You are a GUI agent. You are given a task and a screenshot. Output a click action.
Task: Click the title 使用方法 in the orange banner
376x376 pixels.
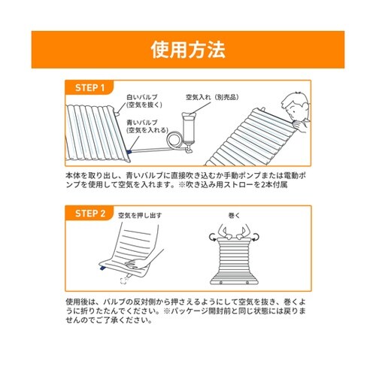[188, 50]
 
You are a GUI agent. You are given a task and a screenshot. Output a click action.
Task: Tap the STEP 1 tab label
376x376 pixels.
[89, 88]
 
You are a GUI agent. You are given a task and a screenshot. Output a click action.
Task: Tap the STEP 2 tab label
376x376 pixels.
[90, 214]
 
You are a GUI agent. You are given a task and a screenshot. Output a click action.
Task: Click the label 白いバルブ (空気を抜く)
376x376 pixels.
[144, 101]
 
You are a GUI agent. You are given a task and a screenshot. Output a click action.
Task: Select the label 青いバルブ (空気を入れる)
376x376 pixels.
[147, 126]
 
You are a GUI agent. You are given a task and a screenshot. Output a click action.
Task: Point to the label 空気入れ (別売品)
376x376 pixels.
[212, 97]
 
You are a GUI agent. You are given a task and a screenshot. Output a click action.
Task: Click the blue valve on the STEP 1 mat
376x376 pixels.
[129, 151]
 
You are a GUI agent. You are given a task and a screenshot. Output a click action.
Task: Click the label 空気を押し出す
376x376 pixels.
[140, 215]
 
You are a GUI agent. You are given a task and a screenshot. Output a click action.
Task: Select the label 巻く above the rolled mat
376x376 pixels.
[235, 215]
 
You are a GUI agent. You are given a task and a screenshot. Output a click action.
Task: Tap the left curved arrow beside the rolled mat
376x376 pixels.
[213, 237]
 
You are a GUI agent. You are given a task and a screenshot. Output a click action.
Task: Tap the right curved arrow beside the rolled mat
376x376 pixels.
[256, 237]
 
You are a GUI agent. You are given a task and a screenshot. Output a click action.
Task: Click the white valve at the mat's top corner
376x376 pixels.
[117, 114]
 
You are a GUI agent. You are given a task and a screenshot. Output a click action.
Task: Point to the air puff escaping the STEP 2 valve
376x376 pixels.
[123, 280]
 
